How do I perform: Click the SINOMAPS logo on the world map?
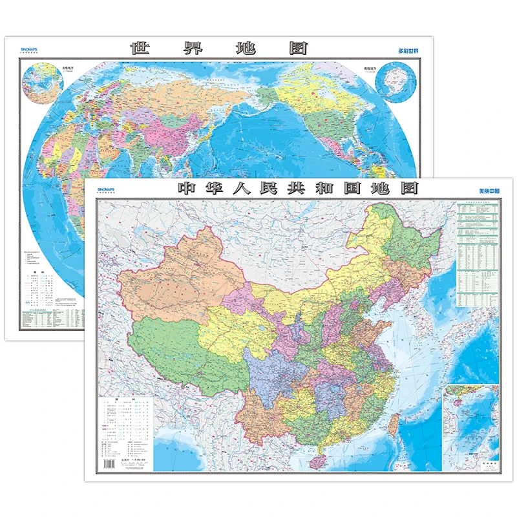31,49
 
